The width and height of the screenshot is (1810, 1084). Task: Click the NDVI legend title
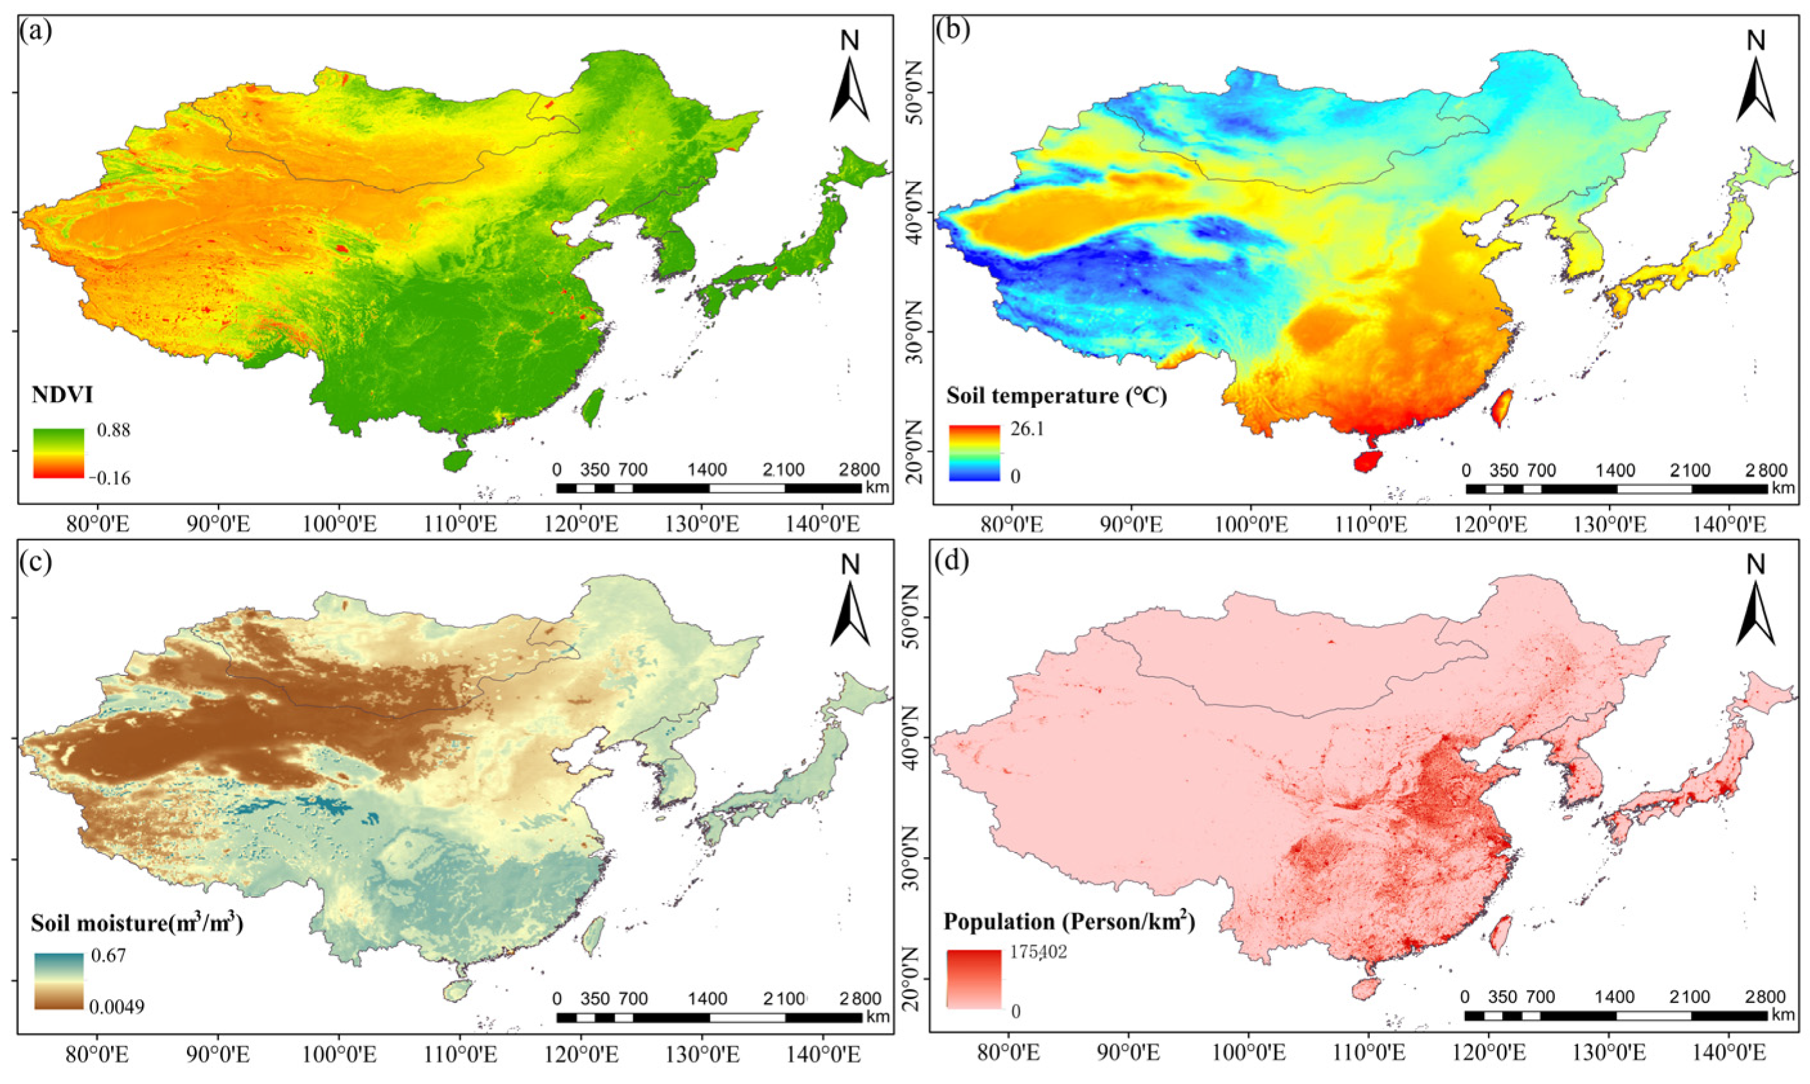click(62, 395)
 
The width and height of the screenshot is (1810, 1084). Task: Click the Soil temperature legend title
click(1056, 396)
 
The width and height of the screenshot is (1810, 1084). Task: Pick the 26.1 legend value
click(1027, 429)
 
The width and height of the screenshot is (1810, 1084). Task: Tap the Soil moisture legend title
click(137, 923)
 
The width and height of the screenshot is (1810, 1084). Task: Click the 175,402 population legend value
click(1037, 952)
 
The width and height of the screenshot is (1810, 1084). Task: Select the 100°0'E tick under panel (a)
click(337, 524)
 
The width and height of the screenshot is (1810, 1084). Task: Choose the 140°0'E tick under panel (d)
click(1728, 1053)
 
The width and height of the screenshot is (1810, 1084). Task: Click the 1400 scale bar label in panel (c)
click(707, 999)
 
